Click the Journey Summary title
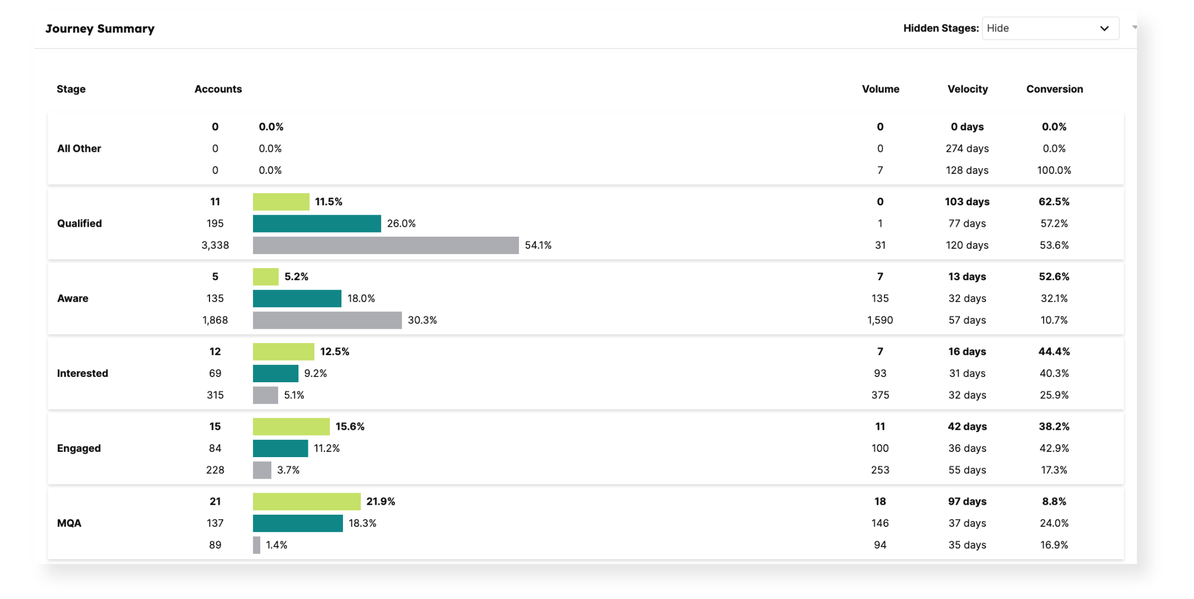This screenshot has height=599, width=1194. (99, 29)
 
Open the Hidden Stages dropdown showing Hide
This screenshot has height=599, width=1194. (1050, 28)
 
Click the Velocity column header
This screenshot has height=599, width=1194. (967, 89)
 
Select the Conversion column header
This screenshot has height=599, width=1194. (1054, 89)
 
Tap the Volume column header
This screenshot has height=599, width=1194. (880, 89)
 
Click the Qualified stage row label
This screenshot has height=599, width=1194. (79, 224)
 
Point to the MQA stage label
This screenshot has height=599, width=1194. (69, 523)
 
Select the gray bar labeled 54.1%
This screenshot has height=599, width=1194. (385, 245)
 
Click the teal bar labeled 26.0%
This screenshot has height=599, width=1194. (317, 224)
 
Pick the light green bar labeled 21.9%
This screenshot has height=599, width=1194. (306, 502)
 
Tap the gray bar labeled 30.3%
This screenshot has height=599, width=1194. (327, 320)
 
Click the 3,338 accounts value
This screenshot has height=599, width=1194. (215, 245)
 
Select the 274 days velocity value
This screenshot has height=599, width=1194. (967, 149)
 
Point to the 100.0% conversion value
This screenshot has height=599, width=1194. (1054, 170)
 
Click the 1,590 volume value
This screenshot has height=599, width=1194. (880, 320)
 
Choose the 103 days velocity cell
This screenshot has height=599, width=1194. (967, 202)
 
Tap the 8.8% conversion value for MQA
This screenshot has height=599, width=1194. (1054, 502)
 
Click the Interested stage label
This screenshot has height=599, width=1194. (82, 373)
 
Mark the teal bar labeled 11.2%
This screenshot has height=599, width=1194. (280, 448)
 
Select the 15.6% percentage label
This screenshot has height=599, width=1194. (350, 427)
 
